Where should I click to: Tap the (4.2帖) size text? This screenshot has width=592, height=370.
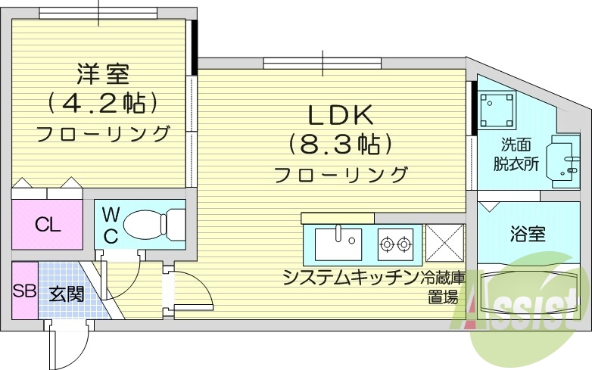click(x=103, y=102)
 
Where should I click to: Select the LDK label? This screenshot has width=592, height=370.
click(x=341, y=115)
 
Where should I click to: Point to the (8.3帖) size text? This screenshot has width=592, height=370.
click(x=341, y=144)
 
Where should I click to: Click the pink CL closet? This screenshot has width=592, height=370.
click(x=47, y=225)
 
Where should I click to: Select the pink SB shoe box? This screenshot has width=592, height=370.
click(x=23, y=291)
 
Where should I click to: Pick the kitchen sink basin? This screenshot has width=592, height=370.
click(x=338, y=244)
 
